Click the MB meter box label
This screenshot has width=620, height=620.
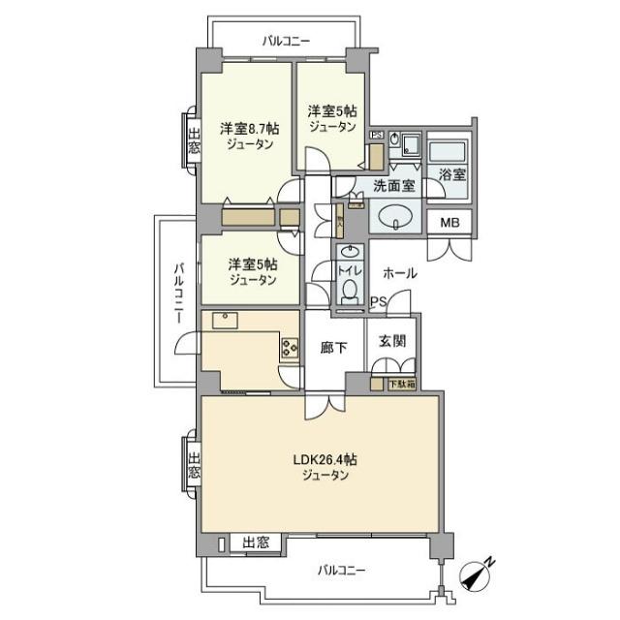(450, 221)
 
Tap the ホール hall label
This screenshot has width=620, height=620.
(399, 273)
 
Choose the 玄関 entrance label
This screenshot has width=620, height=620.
(391, 340)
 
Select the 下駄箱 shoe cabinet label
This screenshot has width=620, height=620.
(401, 383)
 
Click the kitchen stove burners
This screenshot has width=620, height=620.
(290, 347)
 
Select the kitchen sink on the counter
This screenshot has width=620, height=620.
(223, 317)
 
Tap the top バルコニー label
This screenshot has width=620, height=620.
(285, 41)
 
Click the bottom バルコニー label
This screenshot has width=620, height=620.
(342, 571)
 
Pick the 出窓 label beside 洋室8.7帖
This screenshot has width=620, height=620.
(193, 141)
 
